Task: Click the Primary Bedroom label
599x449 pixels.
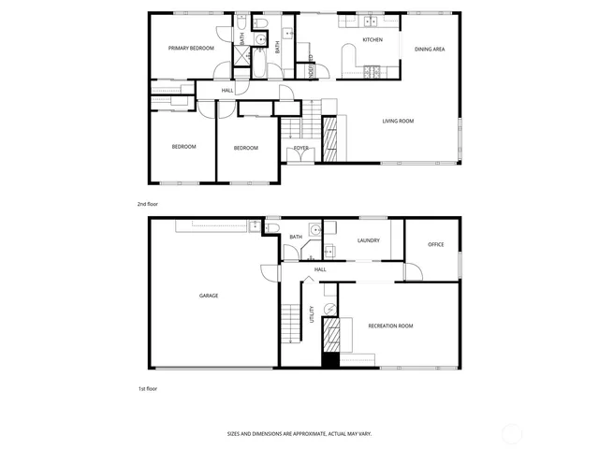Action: click(x=191, y=48)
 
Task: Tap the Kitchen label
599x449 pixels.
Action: click(x=373, y=41)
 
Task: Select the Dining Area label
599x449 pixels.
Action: click(x=430, y=49)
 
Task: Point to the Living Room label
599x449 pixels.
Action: click(x=398, y=121)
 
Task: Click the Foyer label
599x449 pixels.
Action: click(x=301, y=148)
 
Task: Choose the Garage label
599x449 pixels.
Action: click(x=208, y=296)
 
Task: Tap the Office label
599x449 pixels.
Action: click(x=435, y=245)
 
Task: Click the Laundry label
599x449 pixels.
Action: click(x=368, y=240)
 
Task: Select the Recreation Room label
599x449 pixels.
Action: click(x=390, y=326)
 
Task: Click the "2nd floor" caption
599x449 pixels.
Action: click(x=148, y=203)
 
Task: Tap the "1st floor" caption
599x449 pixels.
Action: click(x=148, y=387)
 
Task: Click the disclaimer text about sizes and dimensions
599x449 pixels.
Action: click(x=299, y=434)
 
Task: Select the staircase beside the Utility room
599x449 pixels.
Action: click(x=294, y=322)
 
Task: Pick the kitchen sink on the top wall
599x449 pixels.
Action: click(x=370, y=21)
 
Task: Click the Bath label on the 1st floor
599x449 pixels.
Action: click(x=296, y=237)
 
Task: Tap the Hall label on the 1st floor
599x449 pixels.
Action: click(x=320, y=269)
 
